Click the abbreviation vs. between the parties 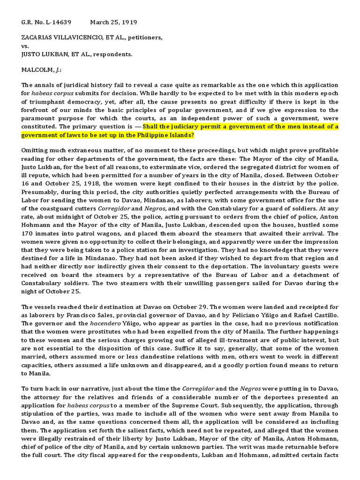click(x=26, y=46)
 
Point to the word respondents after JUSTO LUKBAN click(x=112, y=54)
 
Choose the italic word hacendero click(x=92, y=323)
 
